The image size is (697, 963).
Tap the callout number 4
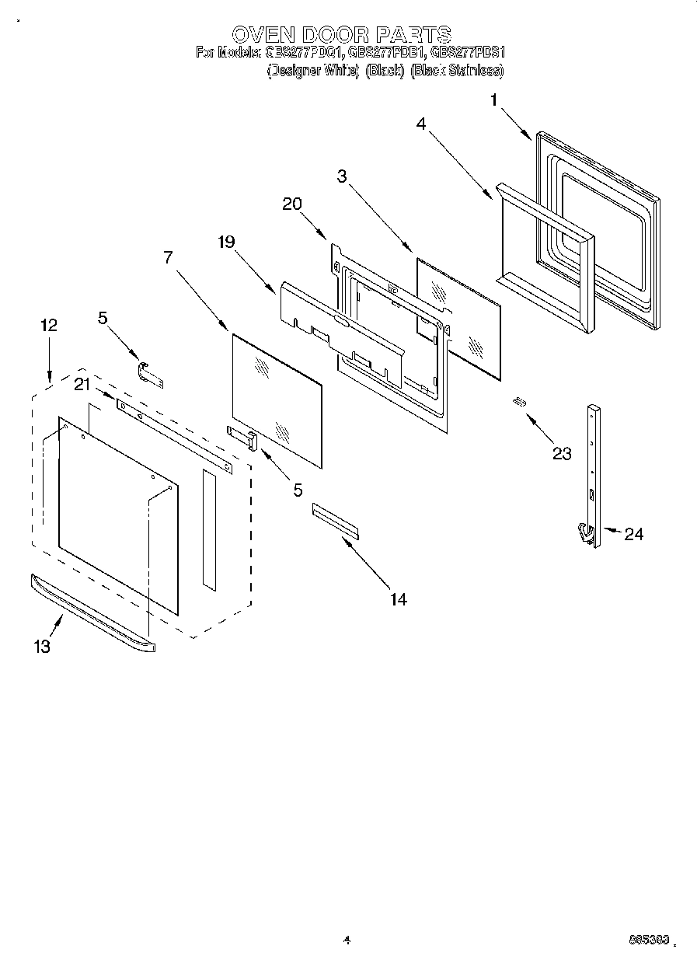(x=420, y=124)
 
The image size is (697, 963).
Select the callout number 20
(x=292, y=204)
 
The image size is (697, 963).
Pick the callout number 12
(x=48, y=325)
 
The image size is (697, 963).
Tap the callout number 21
(x=82, y=383)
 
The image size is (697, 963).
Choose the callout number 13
(x=42, y=646)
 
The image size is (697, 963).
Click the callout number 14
(x=398, y=598)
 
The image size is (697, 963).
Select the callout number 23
(x=562, y=453)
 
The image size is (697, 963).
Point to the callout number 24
(x=633, y=534)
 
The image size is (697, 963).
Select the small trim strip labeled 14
(x=336, y=520)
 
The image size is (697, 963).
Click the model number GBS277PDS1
(x=468, y=53)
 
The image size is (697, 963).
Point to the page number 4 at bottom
(x=347, y=940)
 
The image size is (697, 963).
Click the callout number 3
(x=341, y=176)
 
